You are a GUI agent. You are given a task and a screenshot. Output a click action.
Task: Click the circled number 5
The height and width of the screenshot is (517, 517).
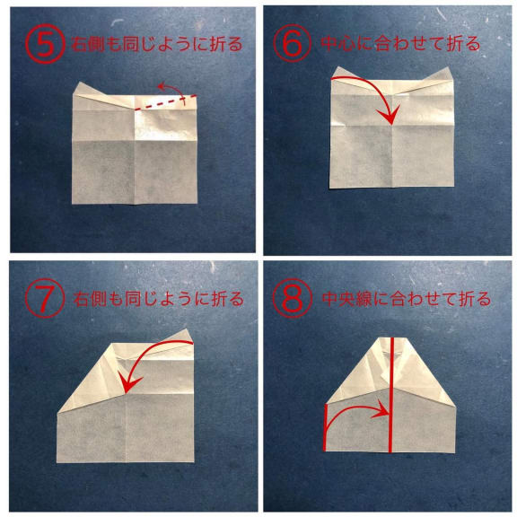(x=45, y=45)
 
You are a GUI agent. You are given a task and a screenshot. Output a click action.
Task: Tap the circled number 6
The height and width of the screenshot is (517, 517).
(x=292, y=43)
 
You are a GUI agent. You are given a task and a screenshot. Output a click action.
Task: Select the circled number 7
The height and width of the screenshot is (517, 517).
(x=45, y=299)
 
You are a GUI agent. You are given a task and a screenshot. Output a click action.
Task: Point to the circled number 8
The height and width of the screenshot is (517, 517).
(x=292, y=298)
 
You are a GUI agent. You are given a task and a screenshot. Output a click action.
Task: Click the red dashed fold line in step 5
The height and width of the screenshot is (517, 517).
(x=166, y=102)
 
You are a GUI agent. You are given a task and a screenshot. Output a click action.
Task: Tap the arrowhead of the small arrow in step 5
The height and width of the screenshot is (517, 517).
(x=162, y=87)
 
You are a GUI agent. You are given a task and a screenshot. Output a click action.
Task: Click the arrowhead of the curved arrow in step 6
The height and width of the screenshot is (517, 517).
(x=390, y=116)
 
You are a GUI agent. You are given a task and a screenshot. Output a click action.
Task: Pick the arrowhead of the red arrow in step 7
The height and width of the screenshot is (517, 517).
(x=129, y=385)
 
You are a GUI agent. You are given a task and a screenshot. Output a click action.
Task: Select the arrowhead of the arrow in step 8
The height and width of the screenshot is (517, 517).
(x=381, y=410)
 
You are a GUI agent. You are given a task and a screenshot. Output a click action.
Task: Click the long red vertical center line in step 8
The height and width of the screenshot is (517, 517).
(x=390, y=395)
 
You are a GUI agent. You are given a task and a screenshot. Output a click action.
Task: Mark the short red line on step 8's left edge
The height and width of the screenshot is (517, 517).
(x=326, y=427)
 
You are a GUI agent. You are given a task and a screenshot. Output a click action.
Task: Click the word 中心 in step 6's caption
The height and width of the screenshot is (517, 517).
(x=337, y=44)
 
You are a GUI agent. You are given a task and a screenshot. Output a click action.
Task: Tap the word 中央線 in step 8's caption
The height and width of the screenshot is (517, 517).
(x=346, y=299)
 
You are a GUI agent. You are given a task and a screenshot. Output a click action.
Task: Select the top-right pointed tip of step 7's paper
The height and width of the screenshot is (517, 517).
(x=188, y=329)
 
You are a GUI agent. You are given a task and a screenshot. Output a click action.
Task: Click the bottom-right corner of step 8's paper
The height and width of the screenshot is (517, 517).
(x=455, y=452)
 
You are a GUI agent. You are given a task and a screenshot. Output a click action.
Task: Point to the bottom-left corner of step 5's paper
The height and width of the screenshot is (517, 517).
(x=72, y=204)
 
